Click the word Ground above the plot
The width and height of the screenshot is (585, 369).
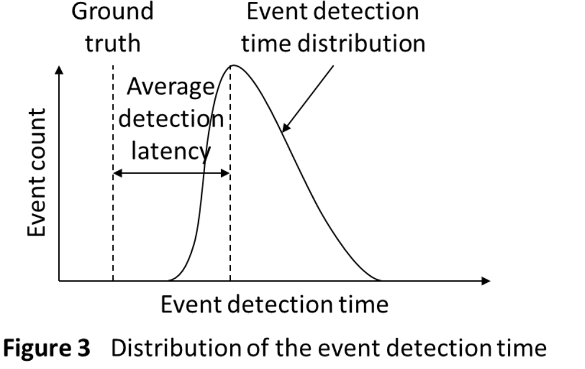(113, 11)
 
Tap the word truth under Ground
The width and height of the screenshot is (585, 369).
(113, 43)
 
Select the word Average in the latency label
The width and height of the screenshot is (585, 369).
(171, 87)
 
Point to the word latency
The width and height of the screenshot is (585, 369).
(171, 151)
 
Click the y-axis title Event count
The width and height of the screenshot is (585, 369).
(37, 173)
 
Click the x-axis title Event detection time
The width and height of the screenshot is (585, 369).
(275, 304)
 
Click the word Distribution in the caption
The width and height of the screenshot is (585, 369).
(176, 348)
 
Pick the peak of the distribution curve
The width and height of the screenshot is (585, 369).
(233, 66)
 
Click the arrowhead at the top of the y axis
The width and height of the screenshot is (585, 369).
(59, 70)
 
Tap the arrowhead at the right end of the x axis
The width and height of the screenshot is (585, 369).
(486, 281)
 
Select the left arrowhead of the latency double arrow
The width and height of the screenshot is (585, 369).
(117, 173)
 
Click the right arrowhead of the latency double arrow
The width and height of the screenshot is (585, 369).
(226, 173)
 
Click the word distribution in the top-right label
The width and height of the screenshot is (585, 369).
(362, 43)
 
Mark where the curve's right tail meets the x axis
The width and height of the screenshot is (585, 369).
(381, 281)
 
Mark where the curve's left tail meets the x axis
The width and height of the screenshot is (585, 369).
(168, 281)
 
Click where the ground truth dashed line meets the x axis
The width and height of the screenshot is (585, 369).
(113, 281)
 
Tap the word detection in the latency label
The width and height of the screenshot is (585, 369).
(171, 119)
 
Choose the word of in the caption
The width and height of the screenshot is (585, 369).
(257, 348)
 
